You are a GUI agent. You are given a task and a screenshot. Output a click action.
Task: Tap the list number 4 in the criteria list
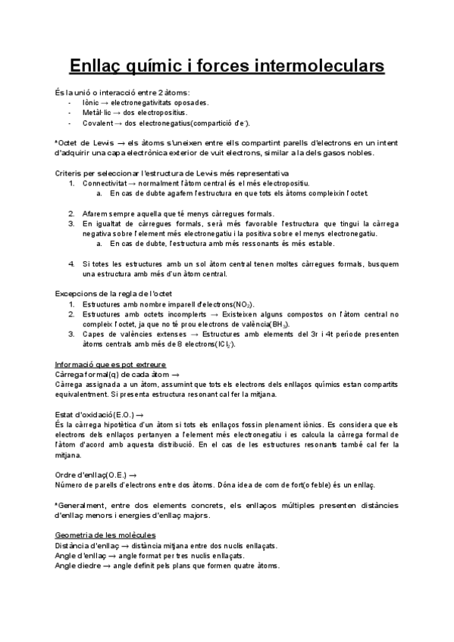coord(71,263)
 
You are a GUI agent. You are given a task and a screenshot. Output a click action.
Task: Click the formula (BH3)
coord(283,323)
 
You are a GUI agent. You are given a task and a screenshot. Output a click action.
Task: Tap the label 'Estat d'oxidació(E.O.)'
coord(95,414)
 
